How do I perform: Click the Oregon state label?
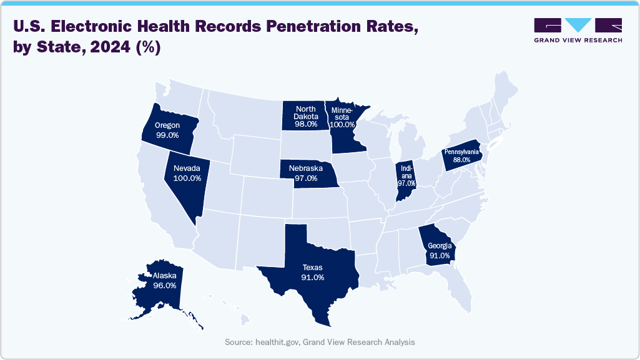coord(167,125)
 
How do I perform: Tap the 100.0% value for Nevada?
coord(187,178)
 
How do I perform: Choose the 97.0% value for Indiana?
coord(406,183)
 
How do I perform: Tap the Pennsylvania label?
coord(462,152)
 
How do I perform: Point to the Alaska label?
coord(163,275)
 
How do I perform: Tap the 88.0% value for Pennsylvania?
coord(462,160)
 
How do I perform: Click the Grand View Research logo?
coord(578,31)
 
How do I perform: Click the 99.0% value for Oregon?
coord(167,135)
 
